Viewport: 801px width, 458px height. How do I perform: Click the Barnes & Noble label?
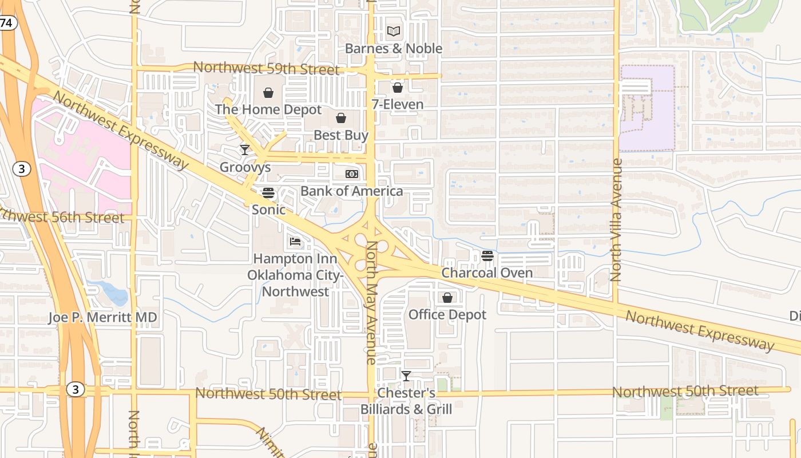[x=394, y=49]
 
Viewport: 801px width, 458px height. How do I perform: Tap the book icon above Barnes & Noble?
[x=394, y=31]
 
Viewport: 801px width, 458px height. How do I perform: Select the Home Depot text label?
[x=268, y=109]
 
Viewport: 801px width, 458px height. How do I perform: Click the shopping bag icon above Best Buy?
[x=341, y=119]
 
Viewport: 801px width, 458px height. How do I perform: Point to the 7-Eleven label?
[x=398, y=105]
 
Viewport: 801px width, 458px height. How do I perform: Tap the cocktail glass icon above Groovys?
[x=245, y=150]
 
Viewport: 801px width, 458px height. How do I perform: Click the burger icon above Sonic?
[x=268, y=193]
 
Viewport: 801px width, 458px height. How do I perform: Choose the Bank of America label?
[x=352, y=191]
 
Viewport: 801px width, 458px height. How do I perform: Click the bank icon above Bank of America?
[x=352, y=174]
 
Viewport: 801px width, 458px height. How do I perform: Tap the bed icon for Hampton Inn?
[x=295, y=242]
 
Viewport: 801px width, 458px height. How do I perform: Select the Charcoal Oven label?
[x=487, y=273]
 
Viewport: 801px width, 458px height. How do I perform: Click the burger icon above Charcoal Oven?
[x=487, y=256]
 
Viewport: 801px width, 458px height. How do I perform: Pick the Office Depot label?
[x=447, y=315]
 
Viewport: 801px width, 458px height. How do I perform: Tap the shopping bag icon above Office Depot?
[x=447, y=298]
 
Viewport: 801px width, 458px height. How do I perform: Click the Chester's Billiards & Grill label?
[x=406, y=401]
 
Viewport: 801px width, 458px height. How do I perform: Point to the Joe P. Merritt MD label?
[x=102, y=318]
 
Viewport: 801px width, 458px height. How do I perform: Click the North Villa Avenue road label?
[x=616, y=219]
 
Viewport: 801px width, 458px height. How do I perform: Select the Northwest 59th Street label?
[x=266, y=69]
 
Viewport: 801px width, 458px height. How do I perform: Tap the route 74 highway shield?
[x=7, y=23]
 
